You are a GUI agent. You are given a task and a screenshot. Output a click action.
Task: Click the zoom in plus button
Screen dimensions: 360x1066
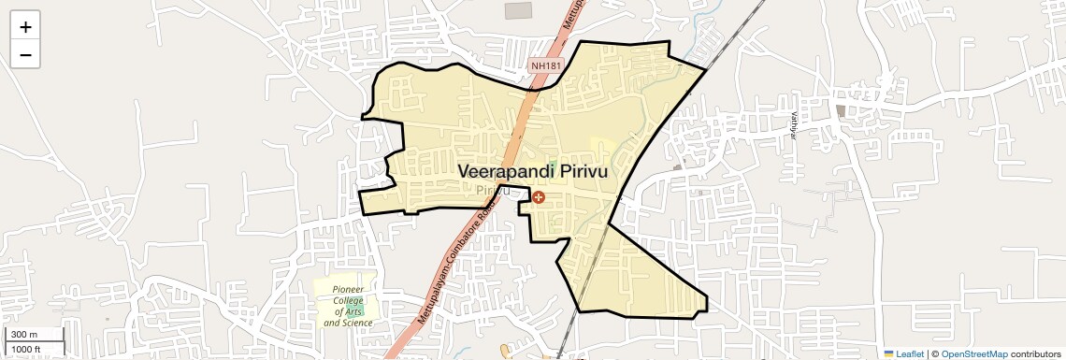pyautogui.click(x=25, y=27)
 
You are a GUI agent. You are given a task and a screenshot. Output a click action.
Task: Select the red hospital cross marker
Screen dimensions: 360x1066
pyautogui.click(x=539, y=197)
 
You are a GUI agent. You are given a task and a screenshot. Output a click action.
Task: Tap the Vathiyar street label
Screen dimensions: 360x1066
pyautogui.click(x=793, y=124)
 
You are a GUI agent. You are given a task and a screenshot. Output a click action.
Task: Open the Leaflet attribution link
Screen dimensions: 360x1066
pyautogui.click(x=903, y=353)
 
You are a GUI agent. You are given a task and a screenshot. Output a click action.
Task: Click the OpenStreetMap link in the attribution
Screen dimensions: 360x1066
pyautogui.click(x=973, y=353)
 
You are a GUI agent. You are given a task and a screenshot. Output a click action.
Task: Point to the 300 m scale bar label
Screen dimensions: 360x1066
pyautogui.click(x=24, y=335)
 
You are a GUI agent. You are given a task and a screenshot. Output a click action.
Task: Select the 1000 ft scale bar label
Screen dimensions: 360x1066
pyautogui.click(x=26, y=349)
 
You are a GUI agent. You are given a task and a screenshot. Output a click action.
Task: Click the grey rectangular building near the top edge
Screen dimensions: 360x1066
pyautogui.click(x=518, y=10)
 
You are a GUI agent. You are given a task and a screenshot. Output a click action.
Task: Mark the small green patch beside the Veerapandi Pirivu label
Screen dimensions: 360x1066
pyautogui.click(x=552, y=166)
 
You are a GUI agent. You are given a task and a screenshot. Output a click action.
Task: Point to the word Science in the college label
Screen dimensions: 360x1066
pyautogui.click(x=355, y=323)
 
